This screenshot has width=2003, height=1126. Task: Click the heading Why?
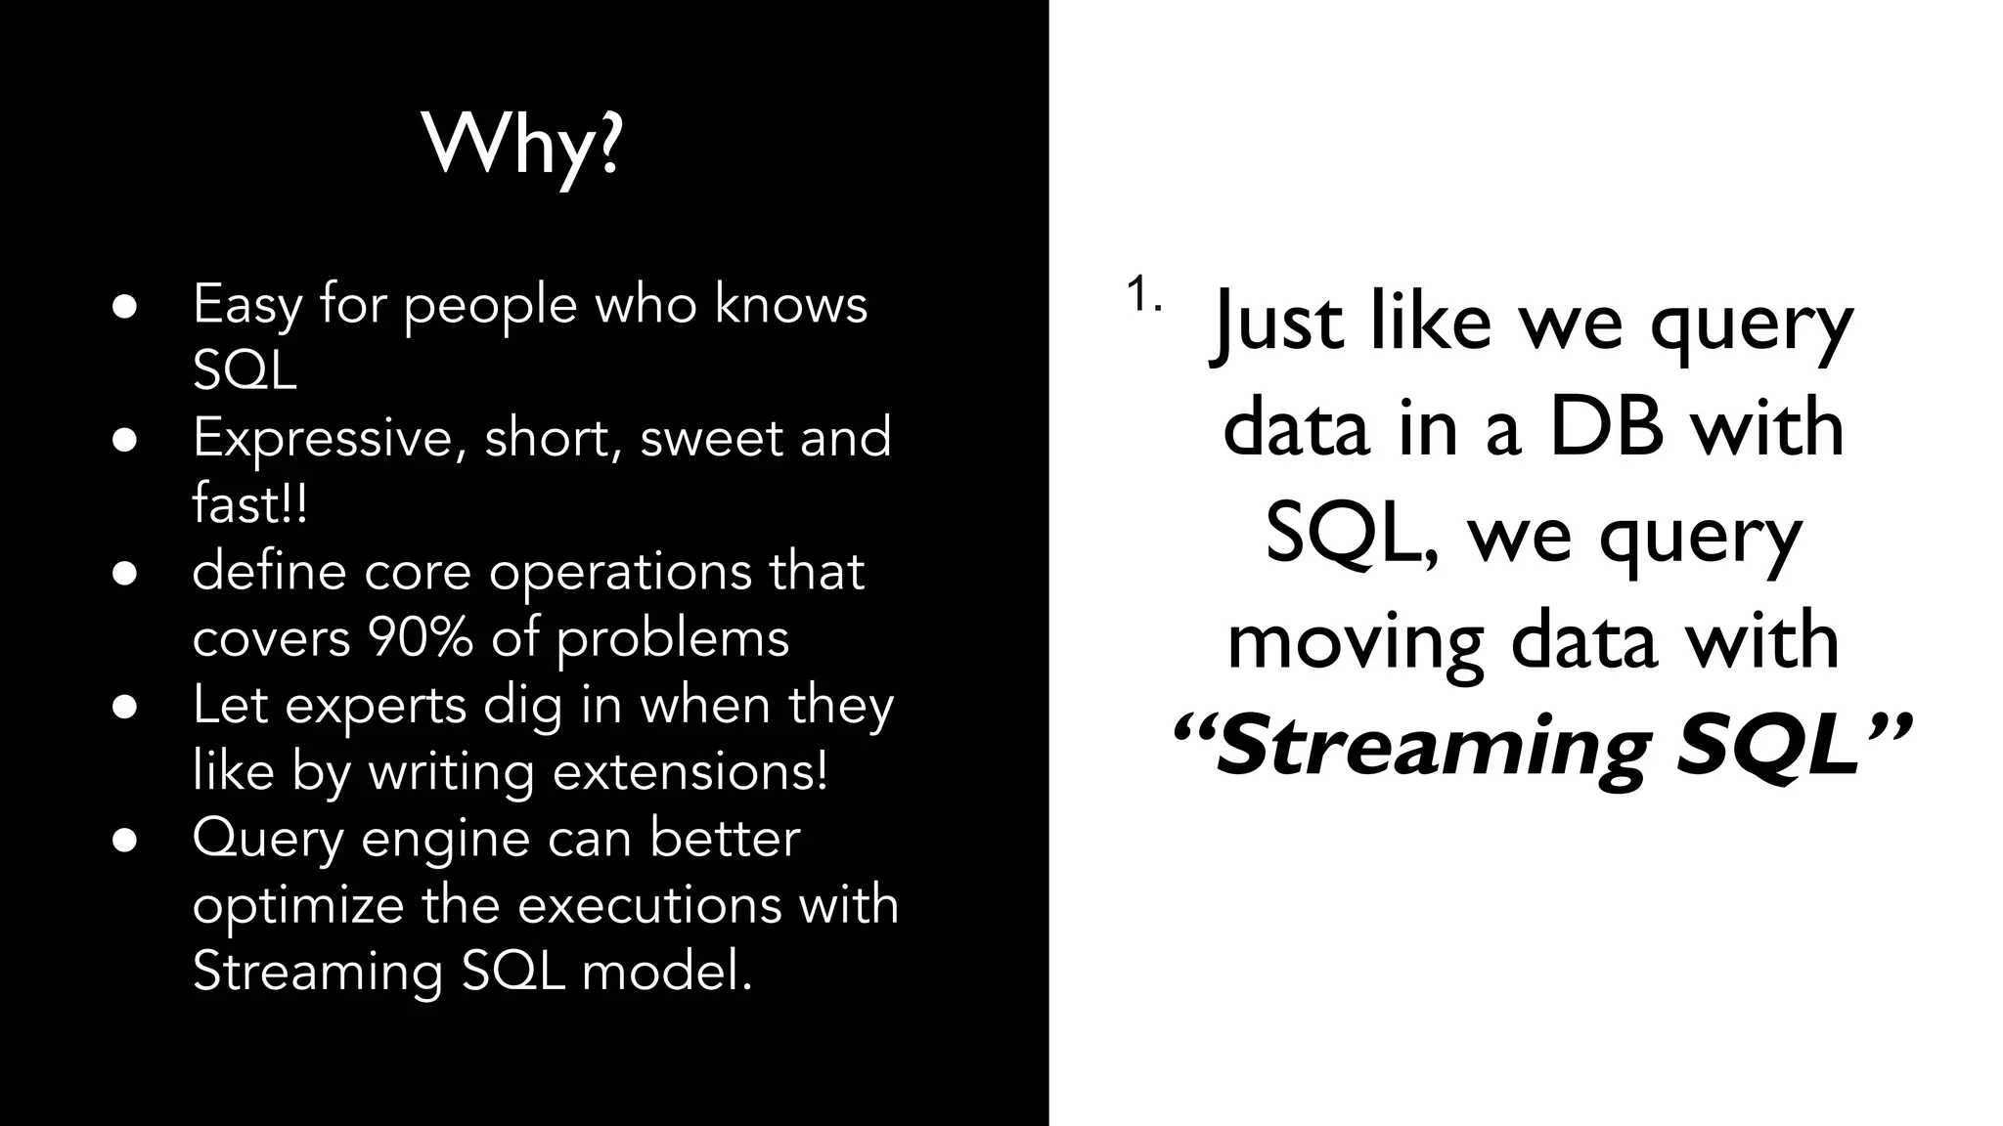pyautogui.click(x=523, y=145)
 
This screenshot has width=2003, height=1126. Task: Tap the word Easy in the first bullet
pyautogui.click(x=247, y=305)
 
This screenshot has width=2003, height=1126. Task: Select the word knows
pyautogui.click(x=791, y=305)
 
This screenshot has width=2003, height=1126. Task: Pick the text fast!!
pyautogui.click(x=250, y=504)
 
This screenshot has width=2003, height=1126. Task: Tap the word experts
pyautogui.click(x=376, y=706)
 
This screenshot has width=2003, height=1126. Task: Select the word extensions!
pyautogui.click(x=690, y=771)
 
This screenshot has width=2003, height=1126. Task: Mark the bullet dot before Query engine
pyautogui.click(x=124, y=840)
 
